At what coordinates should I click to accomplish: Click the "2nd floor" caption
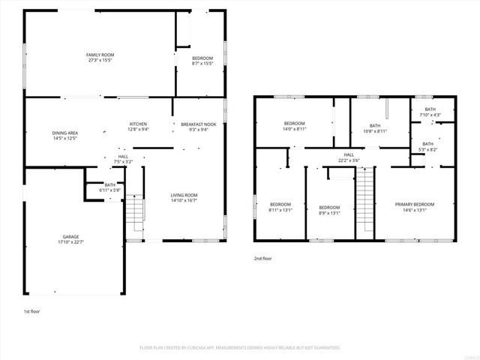(263, 258)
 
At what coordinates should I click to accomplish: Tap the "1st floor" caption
(31, 310)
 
